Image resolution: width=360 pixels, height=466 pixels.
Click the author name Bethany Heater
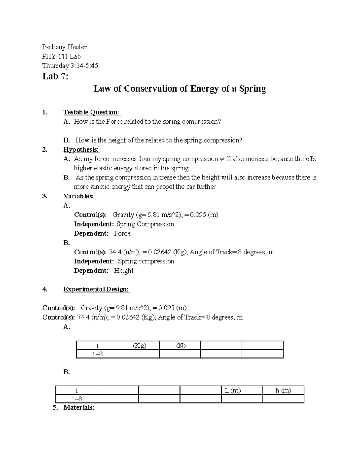64,47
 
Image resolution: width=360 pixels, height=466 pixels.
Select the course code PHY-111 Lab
61,56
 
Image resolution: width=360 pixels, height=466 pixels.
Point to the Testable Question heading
92,112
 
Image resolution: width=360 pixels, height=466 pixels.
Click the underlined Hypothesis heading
81,149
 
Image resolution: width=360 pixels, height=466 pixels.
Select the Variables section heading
79,196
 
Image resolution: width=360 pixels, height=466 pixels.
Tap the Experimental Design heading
96,289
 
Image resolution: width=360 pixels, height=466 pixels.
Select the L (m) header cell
233,390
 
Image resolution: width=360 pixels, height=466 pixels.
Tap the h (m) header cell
283,390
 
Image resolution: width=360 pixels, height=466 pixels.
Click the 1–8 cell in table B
76,399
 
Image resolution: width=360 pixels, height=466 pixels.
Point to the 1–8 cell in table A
97,354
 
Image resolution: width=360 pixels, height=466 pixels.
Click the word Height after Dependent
124,271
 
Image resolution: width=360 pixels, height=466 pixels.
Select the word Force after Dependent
122,233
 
